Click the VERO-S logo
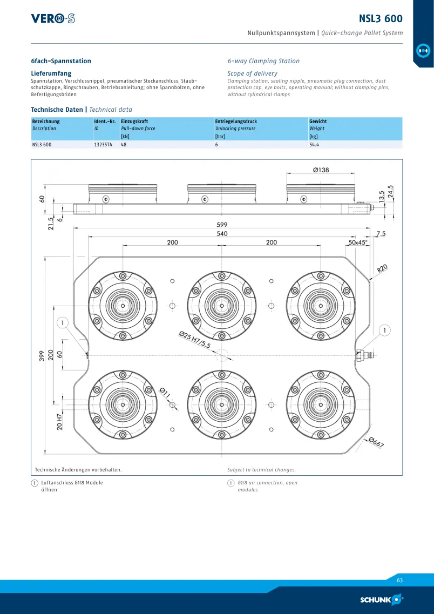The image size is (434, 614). (53, 18)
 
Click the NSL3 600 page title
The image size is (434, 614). (381, 18)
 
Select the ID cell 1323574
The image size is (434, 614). (104, 145)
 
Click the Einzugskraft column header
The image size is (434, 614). (134, 122)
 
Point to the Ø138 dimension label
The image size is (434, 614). (321, 170)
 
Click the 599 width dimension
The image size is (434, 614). (222, 225)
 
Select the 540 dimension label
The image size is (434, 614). (222, 234)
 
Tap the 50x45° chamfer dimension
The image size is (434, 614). (358, 242)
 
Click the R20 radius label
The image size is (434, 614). (382, 268)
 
